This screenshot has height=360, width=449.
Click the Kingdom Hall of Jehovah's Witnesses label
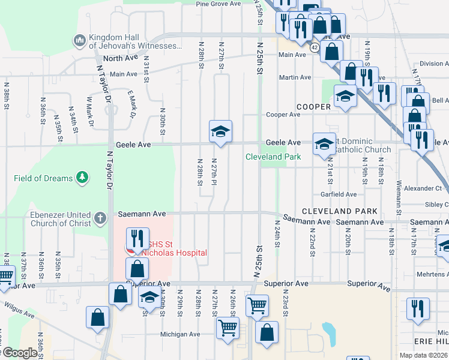135,41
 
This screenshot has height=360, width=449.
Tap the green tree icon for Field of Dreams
82,178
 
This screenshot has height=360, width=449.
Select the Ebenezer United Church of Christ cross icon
100,216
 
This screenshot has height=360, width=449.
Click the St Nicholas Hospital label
174,248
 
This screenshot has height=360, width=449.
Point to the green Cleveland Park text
273,157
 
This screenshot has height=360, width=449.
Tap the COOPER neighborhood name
313,107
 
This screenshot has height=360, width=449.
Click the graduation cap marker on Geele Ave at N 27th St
220,132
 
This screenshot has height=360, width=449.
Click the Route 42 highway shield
315,46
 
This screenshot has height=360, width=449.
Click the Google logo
19,353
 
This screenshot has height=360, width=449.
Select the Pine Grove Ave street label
218,4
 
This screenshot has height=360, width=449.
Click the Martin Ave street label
295,77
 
